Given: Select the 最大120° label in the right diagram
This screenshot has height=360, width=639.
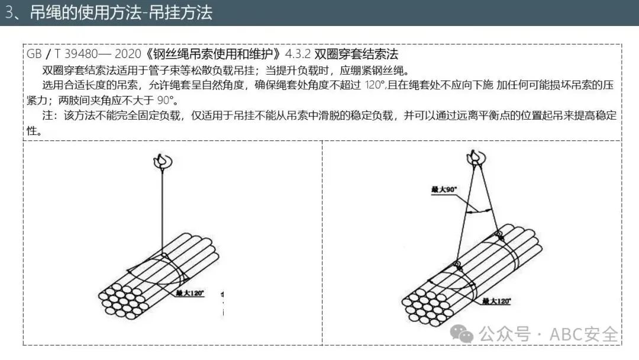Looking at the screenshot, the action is [x=496, y=301].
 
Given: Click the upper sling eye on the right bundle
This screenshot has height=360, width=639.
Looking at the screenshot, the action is [x=498, y=234].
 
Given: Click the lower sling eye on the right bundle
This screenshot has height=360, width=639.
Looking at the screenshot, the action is [x=457, y=263].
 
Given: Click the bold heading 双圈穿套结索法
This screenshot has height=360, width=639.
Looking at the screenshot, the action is [x=356, y=54].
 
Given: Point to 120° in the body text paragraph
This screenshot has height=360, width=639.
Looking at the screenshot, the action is [x=373, y=85].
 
